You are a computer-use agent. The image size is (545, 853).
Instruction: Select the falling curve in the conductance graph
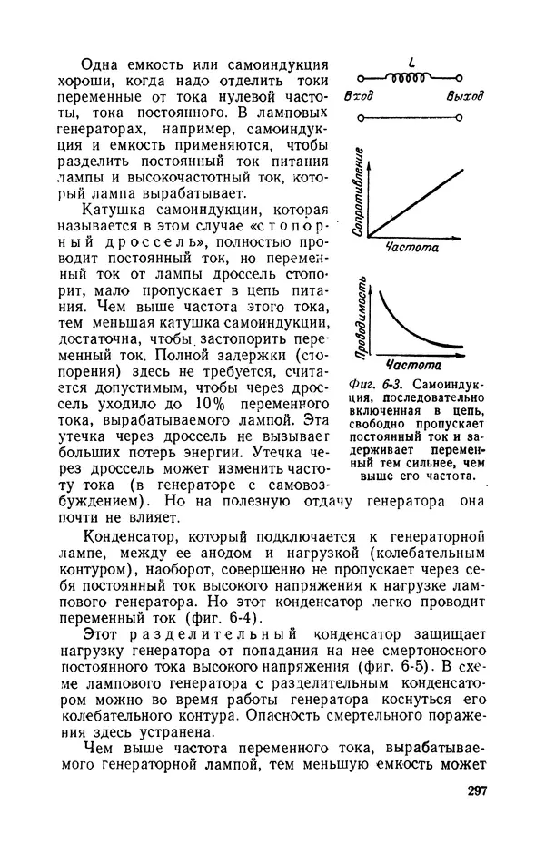(409, 327)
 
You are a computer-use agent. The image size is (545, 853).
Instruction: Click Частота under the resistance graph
(411, 246)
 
